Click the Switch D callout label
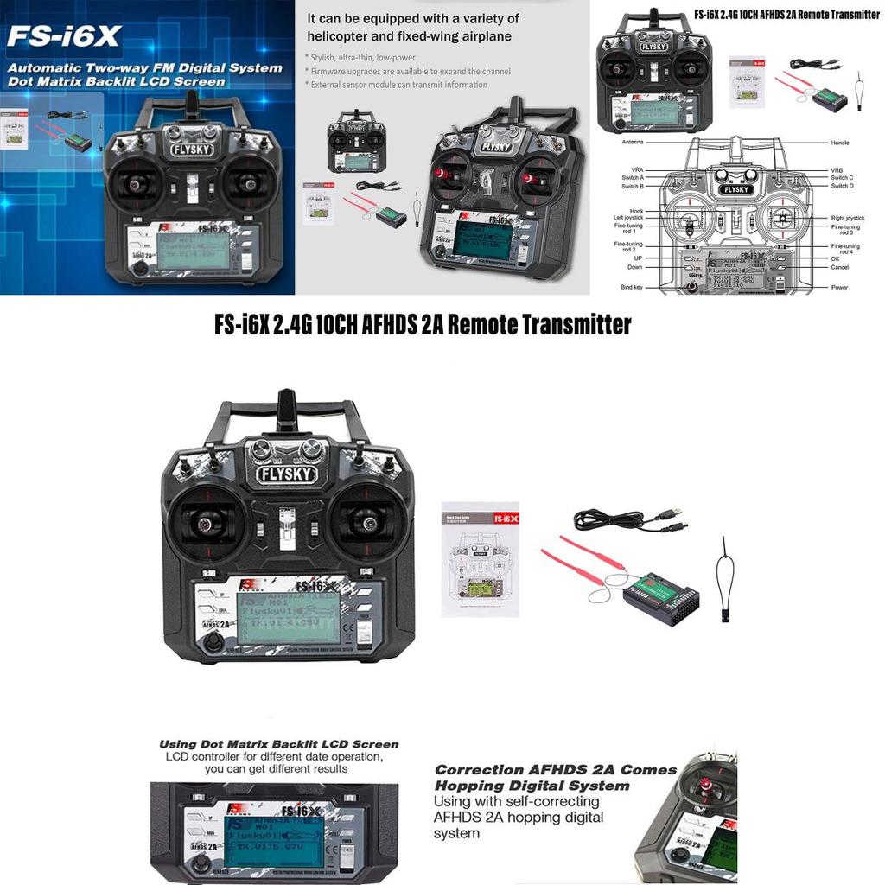point(843,186)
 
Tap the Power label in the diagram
point(839,287)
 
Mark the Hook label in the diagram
point(637,211)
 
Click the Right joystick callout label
point(848,218)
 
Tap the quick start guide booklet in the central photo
point(480,559)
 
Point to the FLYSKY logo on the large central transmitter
point(287,474)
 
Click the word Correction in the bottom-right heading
point(479,769)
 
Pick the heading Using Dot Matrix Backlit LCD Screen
point(279,743)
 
